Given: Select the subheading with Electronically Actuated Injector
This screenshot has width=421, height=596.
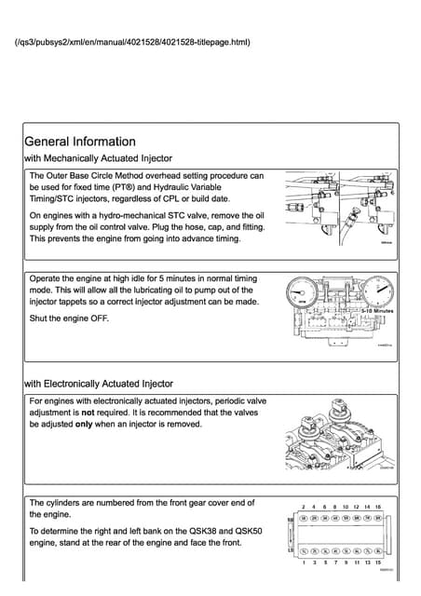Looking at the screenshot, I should tap(98, 383).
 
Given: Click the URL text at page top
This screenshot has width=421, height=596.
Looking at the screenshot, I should tap(133, 42).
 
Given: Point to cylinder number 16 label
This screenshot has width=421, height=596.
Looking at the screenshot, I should tap(378, 508).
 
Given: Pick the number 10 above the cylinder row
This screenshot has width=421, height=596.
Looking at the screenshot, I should tap(346, 508).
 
